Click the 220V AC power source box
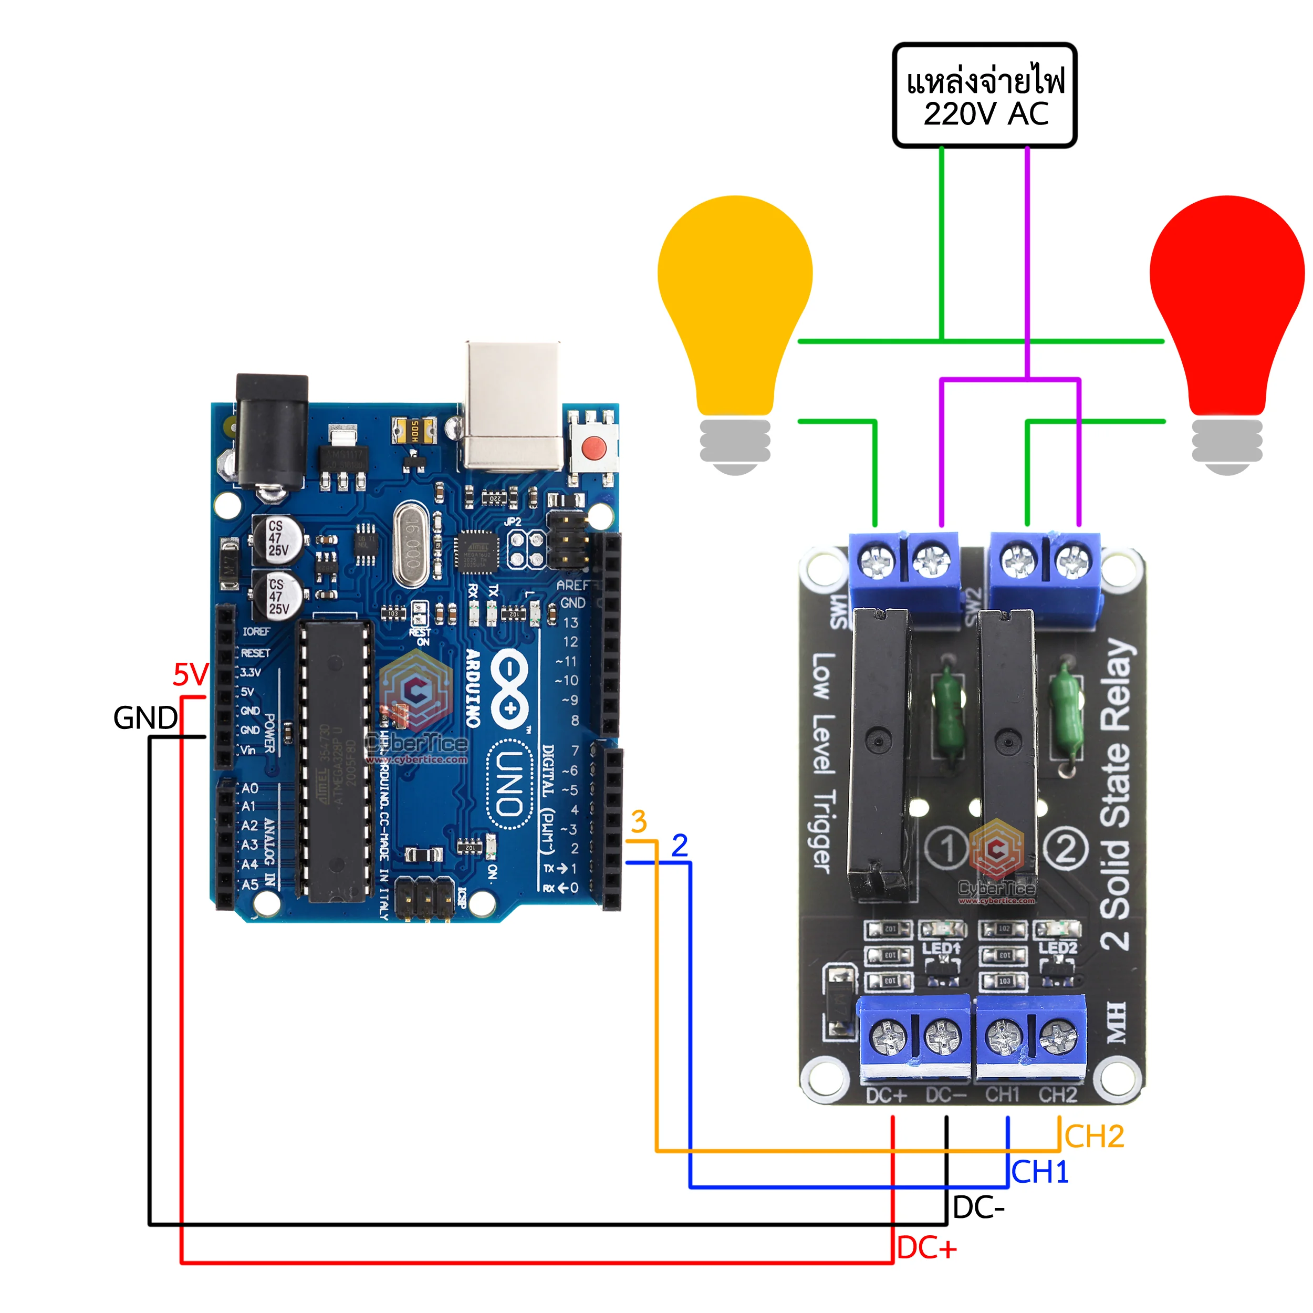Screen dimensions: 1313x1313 click(x=984, y=95)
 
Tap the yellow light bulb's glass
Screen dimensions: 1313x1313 click(x=735, y=285)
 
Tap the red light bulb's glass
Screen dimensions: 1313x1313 click(x=1227, y=285)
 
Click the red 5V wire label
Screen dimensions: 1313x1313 click(x=190, y=675)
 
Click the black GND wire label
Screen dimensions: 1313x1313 click(x=145, y=717)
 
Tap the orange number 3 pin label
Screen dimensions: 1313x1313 click(x=638, y=821)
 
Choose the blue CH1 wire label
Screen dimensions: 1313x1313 click(x=1040, y=1172)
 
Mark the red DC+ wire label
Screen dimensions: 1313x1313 click(x=926, y=1248)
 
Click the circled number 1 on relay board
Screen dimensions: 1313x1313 click(x=947, y=848)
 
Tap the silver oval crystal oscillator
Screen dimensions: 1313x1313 click(x=411, y=544)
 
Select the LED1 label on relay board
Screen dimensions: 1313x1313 click(x=941, y=947)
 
